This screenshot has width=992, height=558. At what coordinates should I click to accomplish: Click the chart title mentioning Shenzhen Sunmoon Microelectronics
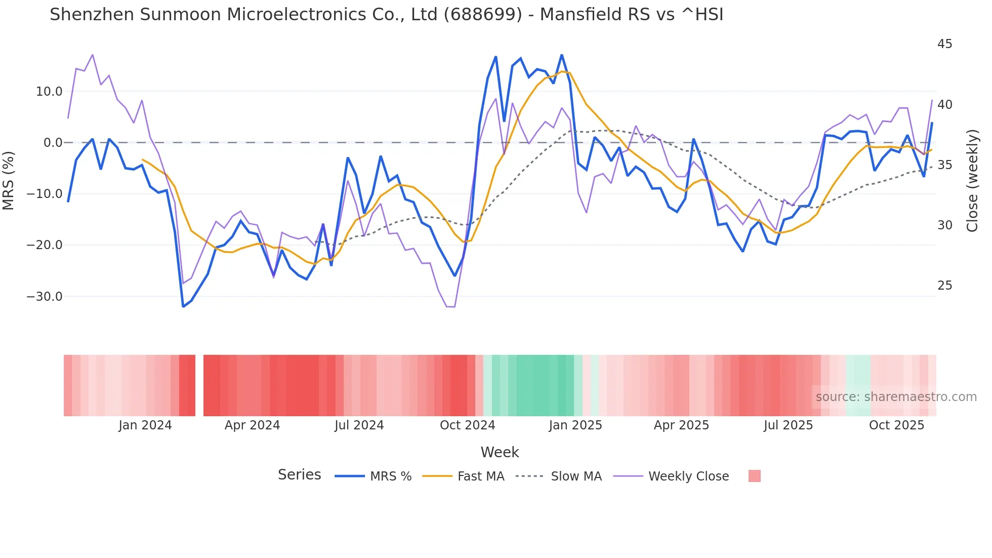386,15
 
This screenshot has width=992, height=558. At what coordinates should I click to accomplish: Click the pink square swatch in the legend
754,476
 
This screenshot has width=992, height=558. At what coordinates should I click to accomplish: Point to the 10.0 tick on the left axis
49,92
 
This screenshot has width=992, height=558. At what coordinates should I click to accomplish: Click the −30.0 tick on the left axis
45,297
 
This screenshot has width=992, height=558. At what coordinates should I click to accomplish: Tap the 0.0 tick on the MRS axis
53,143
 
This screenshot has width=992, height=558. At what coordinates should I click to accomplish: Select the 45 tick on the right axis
944,44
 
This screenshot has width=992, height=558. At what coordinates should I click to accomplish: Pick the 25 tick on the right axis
944,286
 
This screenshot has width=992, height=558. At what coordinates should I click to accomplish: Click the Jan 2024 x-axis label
145,425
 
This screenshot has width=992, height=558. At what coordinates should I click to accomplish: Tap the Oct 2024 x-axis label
467,425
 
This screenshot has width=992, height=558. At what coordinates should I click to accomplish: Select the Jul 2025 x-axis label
788,425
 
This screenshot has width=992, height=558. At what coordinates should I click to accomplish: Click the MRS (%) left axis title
9,180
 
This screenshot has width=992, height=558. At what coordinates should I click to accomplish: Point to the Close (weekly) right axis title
972,180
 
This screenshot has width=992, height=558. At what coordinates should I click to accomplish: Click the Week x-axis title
500,452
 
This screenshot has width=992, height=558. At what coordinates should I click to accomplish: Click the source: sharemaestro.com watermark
896,397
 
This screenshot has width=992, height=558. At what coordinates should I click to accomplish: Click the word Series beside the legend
299,475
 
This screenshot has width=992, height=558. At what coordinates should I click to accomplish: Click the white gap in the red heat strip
199,385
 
